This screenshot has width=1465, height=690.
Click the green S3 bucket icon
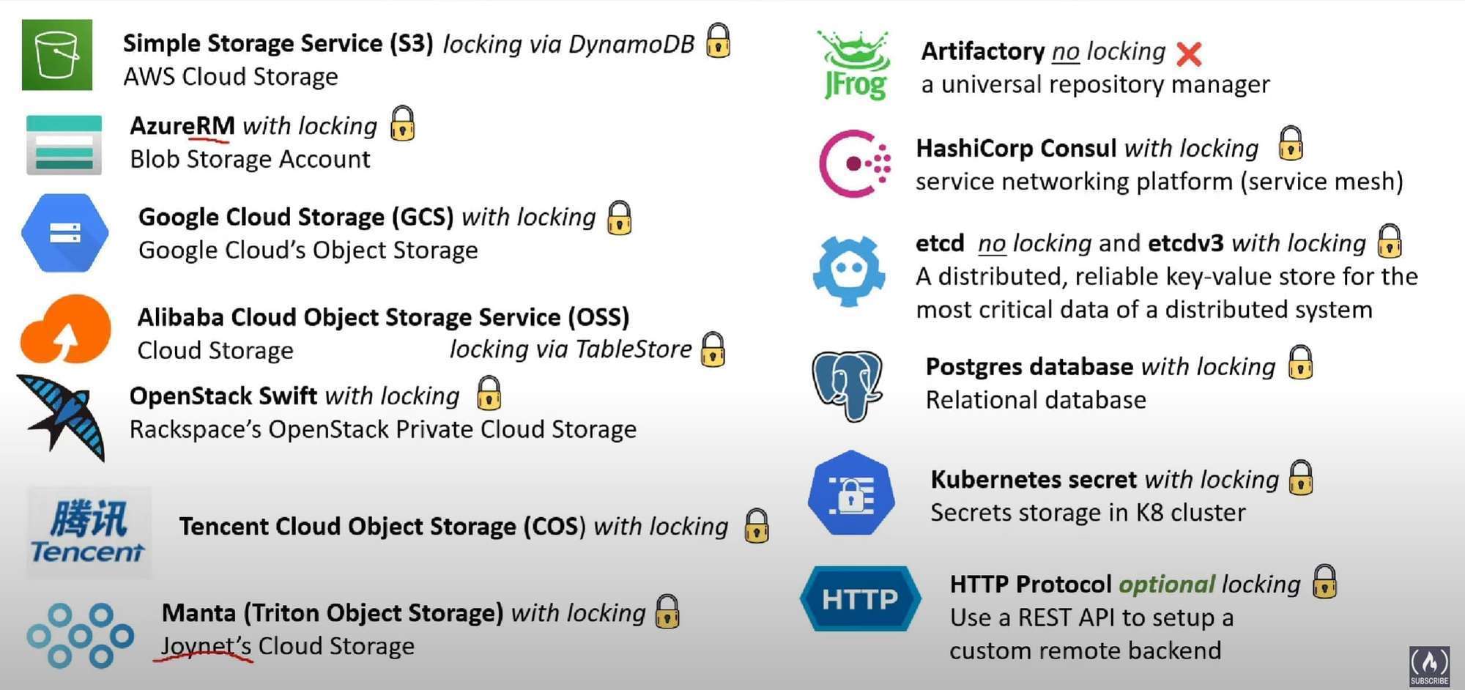57,55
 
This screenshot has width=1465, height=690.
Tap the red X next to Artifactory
1189,53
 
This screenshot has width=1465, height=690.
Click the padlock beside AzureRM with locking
403,123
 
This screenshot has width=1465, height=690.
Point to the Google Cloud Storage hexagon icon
65,233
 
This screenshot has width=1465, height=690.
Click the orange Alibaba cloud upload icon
65,330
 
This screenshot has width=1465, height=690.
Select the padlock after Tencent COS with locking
756,525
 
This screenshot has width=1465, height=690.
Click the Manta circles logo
80,635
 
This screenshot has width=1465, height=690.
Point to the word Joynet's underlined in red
206,646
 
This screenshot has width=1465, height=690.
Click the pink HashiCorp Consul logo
854,163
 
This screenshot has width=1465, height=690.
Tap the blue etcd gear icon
849,270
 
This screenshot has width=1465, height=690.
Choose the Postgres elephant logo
848,385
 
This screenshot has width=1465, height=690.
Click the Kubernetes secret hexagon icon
851,493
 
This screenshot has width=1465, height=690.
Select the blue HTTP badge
860,599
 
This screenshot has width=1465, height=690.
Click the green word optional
1166,584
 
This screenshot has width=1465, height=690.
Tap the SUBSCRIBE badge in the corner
1429,667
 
